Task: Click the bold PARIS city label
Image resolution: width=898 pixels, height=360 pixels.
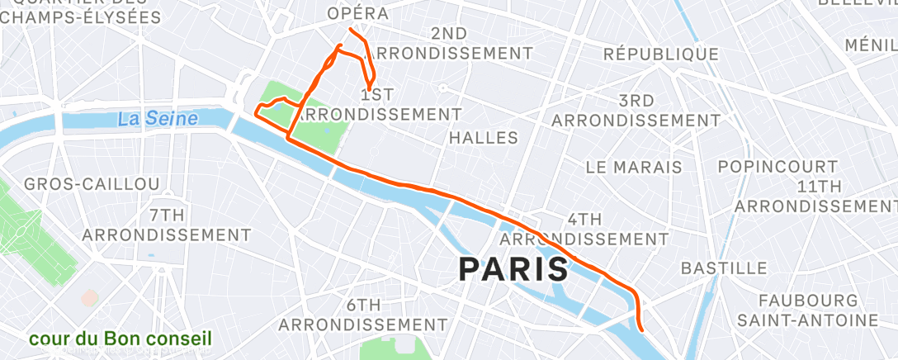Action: (513, 268)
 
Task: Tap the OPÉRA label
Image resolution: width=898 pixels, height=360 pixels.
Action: (357, 14)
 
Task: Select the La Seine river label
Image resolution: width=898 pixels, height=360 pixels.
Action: (158, 119)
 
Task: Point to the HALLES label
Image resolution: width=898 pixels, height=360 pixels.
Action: (483, 138)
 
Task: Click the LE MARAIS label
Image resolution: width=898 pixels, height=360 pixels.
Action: (634, 167)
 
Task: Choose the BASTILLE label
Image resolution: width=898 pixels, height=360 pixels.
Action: (724, 268)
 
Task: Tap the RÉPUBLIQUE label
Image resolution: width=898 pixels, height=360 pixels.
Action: (660, 54)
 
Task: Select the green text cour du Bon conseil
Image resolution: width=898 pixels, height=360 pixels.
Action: (121, 339)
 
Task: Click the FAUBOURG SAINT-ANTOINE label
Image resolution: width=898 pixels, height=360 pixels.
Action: (808, 309)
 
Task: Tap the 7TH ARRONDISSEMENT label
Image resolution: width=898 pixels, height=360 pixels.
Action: (167, 225)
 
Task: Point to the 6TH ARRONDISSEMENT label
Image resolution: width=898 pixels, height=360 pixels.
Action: (363, 315)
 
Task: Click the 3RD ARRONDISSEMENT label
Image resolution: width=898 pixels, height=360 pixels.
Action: (636, 111)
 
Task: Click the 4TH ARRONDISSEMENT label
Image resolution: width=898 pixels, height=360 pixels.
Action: (585, 229)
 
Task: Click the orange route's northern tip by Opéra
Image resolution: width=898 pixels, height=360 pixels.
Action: (351, 30)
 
